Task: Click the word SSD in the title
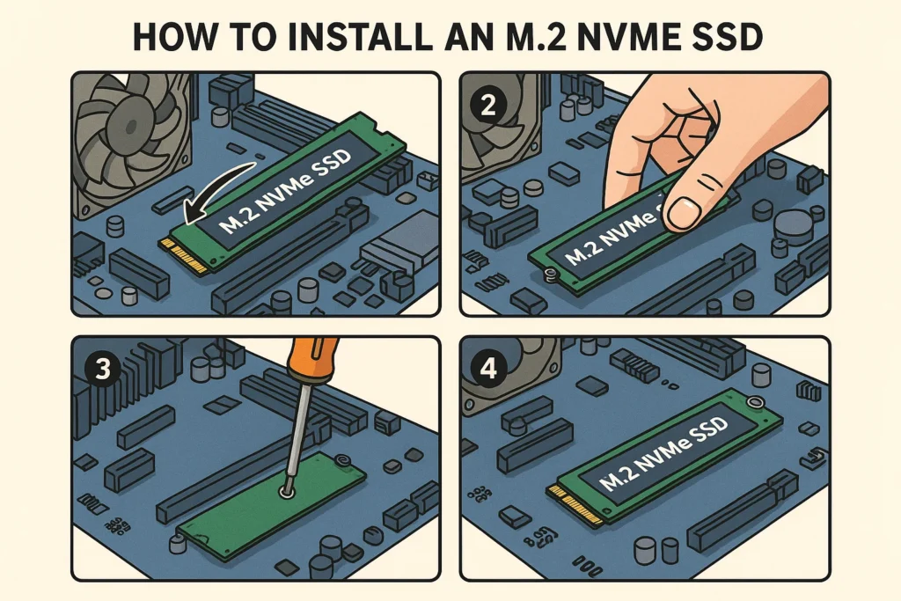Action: [x=725, y=40]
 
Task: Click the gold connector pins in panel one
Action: [x=186, y=256]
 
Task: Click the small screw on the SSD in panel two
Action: [x=548, y=275]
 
